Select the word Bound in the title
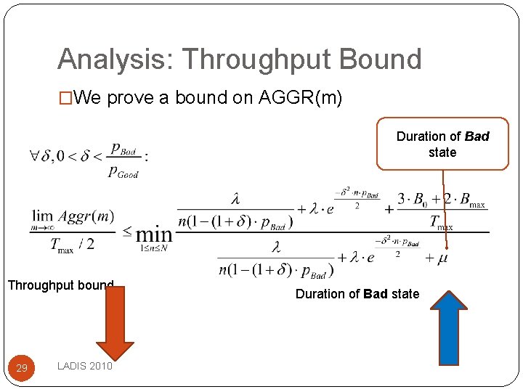pos(385,59)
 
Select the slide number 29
pos(22,368)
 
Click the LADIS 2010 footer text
pos(84,367)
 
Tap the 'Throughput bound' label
pos(60,285)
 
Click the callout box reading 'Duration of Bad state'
pos(442,144)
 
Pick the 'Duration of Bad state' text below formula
pos(357,294)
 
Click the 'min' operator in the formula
pos(154,234)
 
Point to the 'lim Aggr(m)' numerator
pos(73,217)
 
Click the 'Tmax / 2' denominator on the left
pos(73,245)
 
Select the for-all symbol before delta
pos(36,155)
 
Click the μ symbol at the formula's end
pos(442,258)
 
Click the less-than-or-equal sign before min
pos(127,232)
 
